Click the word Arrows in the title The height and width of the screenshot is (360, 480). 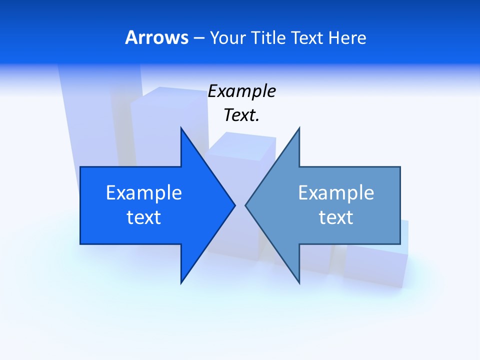[x=156, y=37]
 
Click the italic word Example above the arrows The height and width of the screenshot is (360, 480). [x=241, y=91]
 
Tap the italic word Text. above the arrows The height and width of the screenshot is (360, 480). [x=241, y=115]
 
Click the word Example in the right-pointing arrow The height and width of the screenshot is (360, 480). [x=143, y=193]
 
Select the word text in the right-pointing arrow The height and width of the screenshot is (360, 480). [x=143, y=217]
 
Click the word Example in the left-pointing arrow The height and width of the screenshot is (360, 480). [x=336, y=193]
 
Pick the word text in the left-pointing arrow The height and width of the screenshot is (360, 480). [x=336, y=217]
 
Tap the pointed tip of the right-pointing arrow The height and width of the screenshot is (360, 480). [x=233, y=205]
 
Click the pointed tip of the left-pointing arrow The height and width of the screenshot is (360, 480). [x=246, y=205]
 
